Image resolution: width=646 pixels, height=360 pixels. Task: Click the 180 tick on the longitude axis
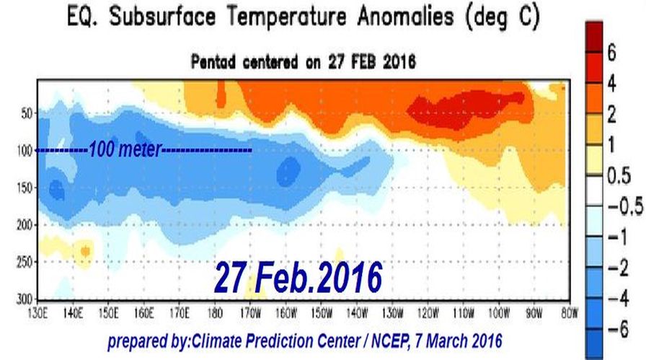point(214,314)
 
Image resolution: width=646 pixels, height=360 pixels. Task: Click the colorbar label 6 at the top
point(611,52)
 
